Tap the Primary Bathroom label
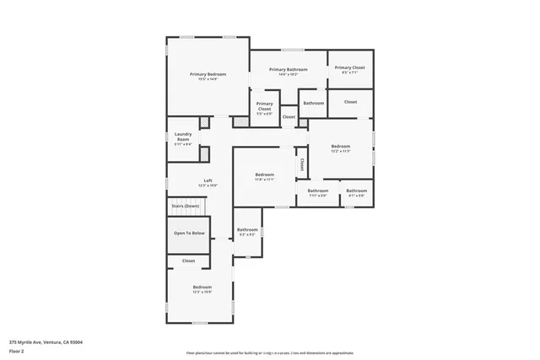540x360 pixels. (288, 69)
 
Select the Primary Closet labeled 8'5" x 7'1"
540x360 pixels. (349, 67)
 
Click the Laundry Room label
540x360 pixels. (183, 137)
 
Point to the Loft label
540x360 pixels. (208, 180)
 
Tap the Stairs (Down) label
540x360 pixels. (186, 206)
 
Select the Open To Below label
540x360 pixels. (188, 233)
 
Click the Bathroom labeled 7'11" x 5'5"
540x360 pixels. (318, 191)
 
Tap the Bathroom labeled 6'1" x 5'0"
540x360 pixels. (356, 191)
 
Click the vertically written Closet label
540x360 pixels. (301, 163)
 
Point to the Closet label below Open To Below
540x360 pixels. (188, 261)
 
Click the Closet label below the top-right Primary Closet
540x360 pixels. (350, 102)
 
